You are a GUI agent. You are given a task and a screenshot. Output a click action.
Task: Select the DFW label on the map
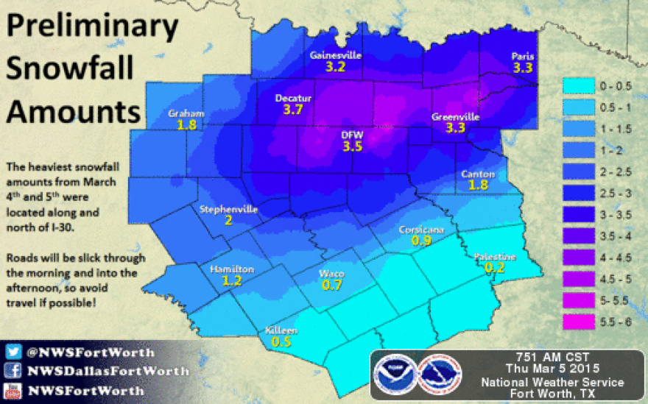click(351, 135)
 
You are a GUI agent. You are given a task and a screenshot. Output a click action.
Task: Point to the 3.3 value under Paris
click(522, 68)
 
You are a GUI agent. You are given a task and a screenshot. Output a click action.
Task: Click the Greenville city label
click(455, 117)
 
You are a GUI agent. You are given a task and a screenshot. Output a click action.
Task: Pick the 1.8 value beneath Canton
click(478, 185)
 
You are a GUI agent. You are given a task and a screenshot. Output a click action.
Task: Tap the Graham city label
click(185, 113)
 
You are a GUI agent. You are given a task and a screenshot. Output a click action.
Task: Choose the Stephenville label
click(228, 210)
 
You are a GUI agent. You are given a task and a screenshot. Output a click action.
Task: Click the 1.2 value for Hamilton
click(232, 280)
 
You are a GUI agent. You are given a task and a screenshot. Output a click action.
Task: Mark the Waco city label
click(331, 274)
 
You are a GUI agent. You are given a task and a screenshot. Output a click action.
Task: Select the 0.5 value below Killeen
click(281, 341)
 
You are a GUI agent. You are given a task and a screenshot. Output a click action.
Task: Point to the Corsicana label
click(421, 230)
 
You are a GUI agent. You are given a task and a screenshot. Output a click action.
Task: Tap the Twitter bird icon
click(13, 352)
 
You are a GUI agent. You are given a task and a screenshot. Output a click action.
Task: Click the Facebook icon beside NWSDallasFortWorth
click(13, 370)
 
